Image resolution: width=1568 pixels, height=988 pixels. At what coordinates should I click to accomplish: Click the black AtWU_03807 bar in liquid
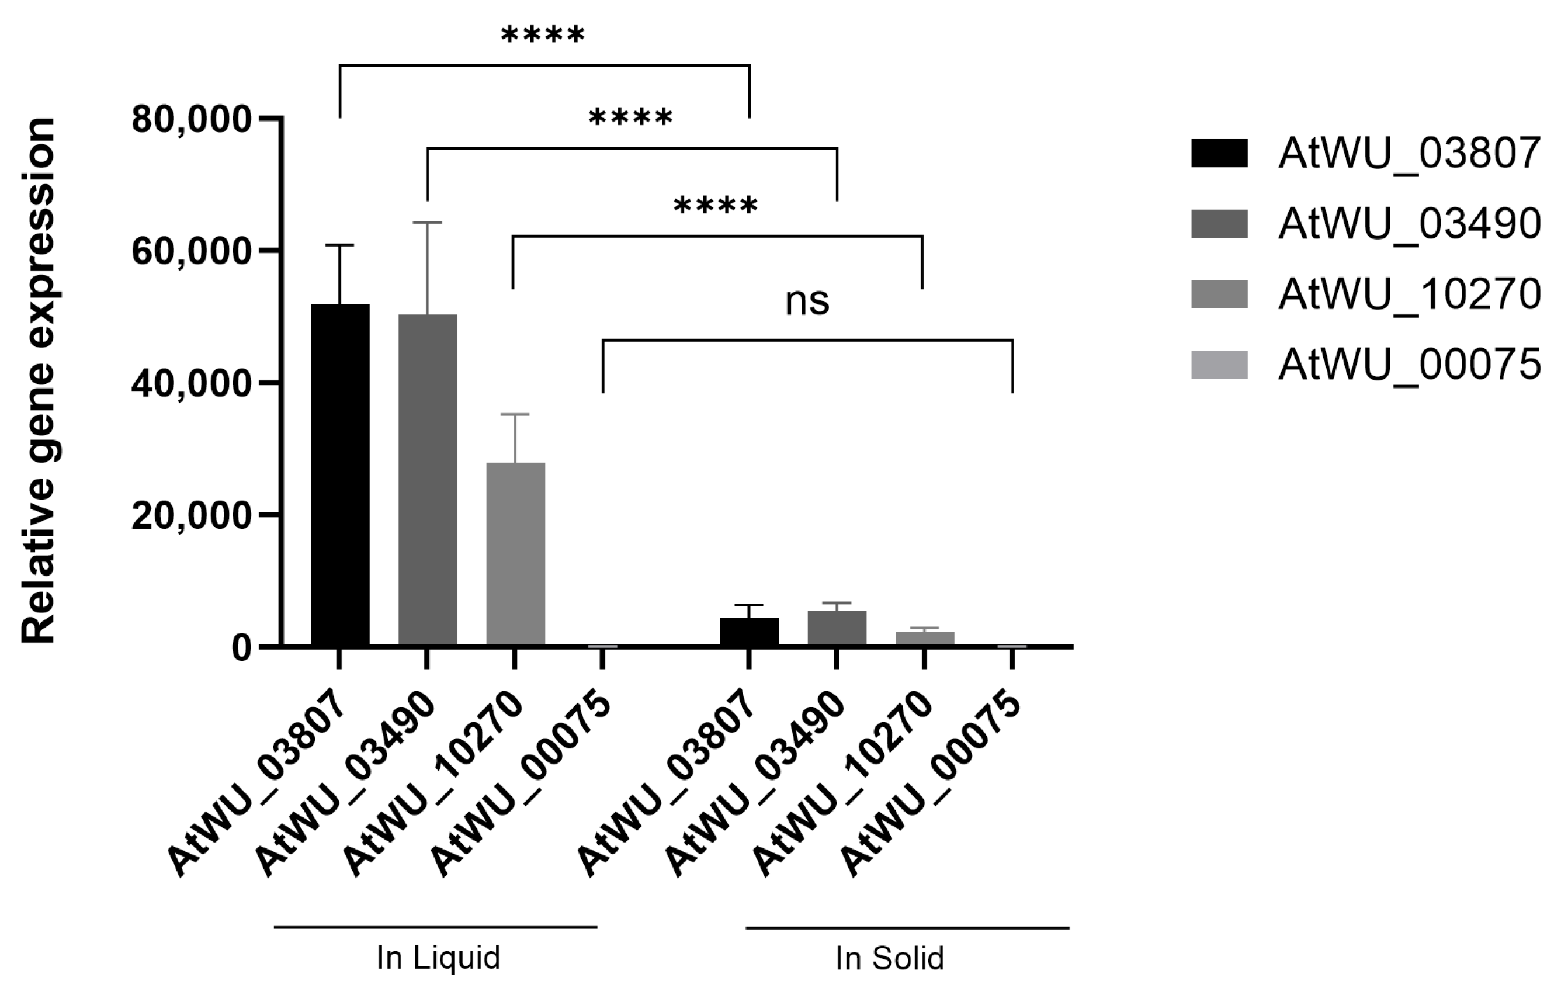(340, 475)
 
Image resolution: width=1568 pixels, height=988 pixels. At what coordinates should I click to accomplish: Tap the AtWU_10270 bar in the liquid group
(515, 553)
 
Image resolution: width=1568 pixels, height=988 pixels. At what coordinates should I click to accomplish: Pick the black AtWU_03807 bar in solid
(749, 632)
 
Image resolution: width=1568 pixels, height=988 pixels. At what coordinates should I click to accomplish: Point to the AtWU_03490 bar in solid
(837, 629)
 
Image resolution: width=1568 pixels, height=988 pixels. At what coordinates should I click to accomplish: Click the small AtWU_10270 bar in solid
(925, 638)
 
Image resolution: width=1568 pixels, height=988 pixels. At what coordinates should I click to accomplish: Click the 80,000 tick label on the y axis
(192, 120)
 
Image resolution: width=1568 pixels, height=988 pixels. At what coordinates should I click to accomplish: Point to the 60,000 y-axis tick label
(192, 251)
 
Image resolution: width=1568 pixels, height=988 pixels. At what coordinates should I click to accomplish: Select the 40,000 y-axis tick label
(192, 384)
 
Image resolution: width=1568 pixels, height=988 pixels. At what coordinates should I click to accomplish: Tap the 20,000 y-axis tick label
(192, 516)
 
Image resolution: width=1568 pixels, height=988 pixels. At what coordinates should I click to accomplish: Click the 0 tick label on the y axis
(242, 649)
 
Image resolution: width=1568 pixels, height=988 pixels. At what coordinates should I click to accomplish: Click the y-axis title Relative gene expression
(39, 381)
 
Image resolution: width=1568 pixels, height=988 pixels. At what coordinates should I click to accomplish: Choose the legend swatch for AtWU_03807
(1219, 154)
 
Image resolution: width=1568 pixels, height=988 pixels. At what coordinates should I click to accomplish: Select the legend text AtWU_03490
(1410, 224)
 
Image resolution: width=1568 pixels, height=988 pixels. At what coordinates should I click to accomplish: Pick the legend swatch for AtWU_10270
(1219, 294)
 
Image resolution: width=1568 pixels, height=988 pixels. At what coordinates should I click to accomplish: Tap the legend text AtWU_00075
(1410, 365)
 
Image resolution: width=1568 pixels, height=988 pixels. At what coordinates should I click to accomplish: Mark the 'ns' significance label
(807, 301)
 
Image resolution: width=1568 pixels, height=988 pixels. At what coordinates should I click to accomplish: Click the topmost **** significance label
(543, 35)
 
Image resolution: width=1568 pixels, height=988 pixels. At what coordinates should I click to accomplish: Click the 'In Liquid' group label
(438, 958)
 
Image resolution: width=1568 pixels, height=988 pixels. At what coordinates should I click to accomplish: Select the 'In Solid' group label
(890, 959)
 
